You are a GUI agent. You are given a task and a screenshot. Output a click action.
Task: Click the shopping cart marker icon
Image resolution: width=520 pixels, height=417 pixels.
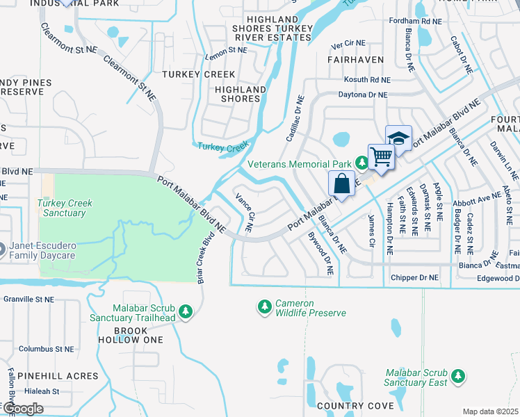[381, 156]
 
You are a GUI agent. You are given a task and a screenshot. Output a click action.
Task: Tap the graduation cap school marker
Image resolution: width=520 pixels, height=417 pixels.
[398, 138]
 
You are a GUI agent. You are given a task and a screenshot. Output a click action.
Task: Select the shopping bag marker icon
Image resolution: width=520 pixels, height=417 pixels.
[341, 184]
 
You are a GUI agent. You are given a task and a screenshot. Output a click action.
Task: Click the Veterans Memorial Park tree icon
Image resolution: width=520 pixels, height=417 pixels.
[361, 163]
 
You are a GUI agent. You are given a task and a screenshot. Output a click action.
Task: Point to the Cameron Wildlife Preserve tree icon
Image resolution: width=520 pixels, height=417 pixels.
[264, 306]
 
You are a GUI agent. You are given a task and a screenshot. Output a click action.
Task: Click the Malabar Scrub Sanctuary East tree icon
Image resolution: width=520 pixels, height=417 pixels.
[457, 376]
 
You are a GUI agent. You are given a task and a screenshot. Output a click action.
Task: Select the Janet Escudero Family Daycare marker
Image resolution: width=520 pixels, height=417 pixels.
[2, 248]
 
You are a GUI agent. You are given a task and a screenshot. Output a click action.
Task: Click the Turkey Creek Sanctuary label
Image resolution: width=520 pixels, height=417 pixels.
[64, 208]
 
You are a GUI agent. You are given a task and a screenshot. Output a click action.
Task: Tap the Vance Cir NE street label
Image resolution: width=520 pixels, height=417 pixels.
[244, 213]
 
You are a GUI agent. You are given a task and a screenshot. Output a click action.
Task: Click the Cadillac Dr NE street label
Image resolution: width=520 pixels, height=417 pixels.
[293, 118]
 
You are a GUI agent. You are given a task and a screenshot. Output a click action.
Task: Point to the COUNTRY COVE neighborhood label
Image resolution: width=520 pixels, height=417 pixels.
[345, 405]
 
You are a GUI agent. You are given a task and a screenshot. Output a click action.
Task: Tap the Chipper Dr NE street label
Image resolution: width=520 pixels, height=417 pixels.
[414, 277]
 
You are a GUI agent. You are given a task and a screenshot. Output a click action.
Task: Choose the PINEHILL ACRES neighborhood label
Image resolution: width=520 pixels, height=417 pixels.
[58, 376]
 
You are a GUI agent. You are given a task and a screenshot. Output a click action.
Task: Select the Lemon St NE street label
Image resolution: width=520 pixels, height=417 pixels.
[226, 50]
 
